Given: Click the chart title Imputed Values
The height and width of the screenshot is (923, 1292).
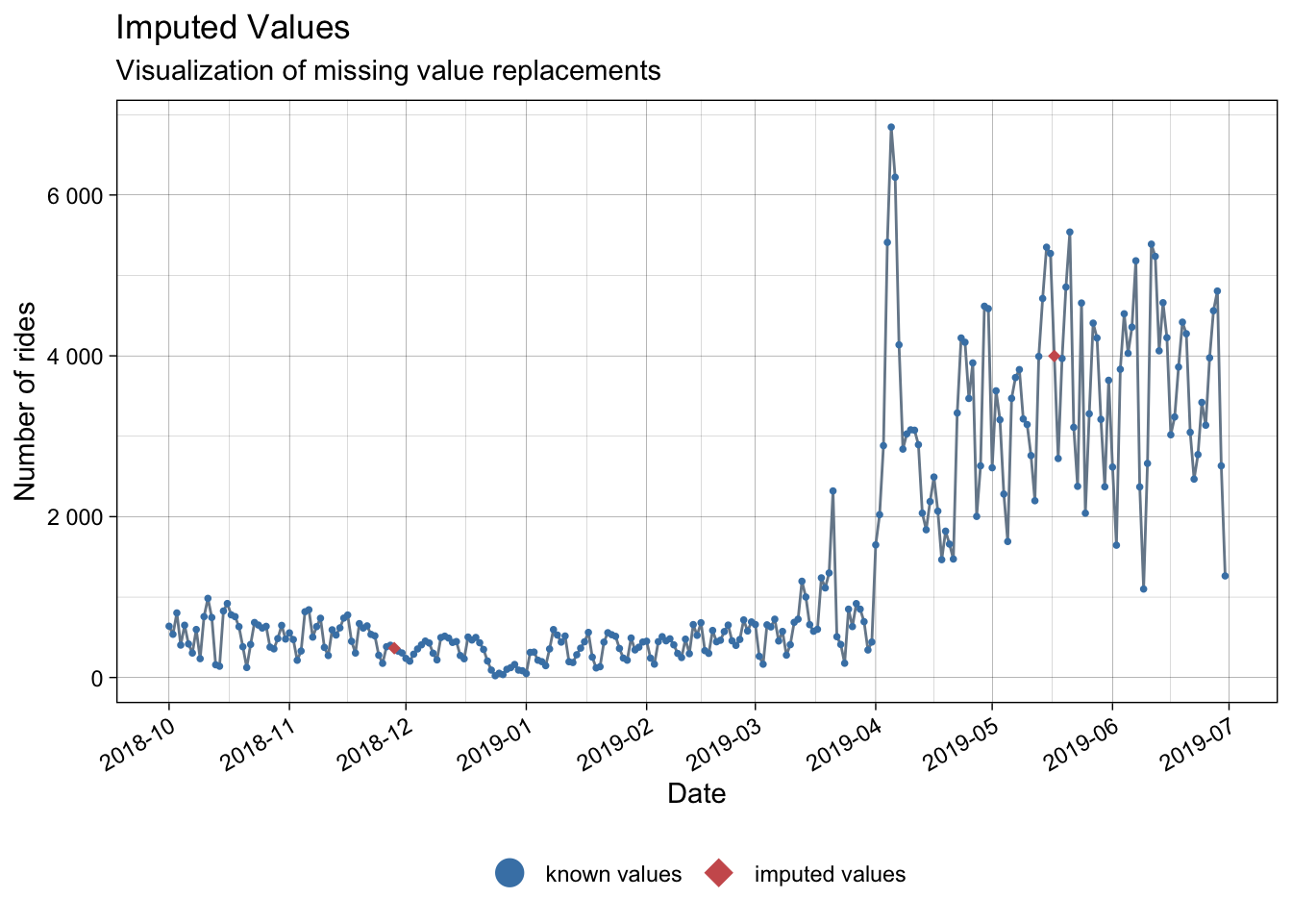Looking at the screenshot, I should coord(233,28).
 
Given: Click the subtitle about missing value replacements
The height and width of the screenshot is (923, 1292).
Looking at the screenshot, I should coord(387,71).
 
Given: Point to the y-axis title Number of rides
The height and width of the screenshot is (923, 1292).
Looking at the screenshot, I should coord(26,401).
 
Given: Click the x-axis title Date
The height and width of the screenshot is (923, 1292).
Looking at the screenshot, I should coord(696,793).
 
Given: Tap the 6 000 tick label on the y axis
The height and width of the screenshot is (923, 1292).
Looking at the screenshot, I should coord(74,195).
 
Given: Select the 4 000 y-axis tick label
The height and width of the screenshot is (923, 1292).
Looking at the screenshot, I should coord(74,356).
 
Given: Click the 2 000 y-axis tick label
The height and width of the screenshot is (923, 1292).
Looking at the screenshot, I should coord(74,517).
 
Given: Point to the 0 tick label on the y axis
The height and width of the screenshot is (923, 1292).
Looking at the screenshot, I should coord(96,678).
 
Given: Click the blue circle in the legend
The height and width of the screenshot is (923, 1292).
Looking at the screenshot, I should coord(509,873).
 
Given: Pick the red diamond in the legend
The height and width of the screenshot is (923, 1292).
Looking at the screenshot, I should coord(719,873).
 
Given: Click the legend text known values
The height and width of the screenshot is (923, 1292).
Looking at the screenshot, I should coord(613,874).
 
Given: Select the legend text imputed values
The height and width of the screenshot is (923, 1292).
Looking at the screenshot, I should coord(830,874).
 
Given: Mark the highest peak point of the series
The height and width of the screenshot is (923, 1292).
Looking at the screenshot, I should coord(891,127).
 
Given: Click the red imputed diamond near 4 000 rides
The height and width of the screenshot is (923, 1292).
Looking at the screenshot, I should coord(1055,356).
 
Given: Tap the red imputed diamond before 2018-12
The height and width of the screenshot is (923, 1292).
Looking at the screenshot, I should coord(394,648).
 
